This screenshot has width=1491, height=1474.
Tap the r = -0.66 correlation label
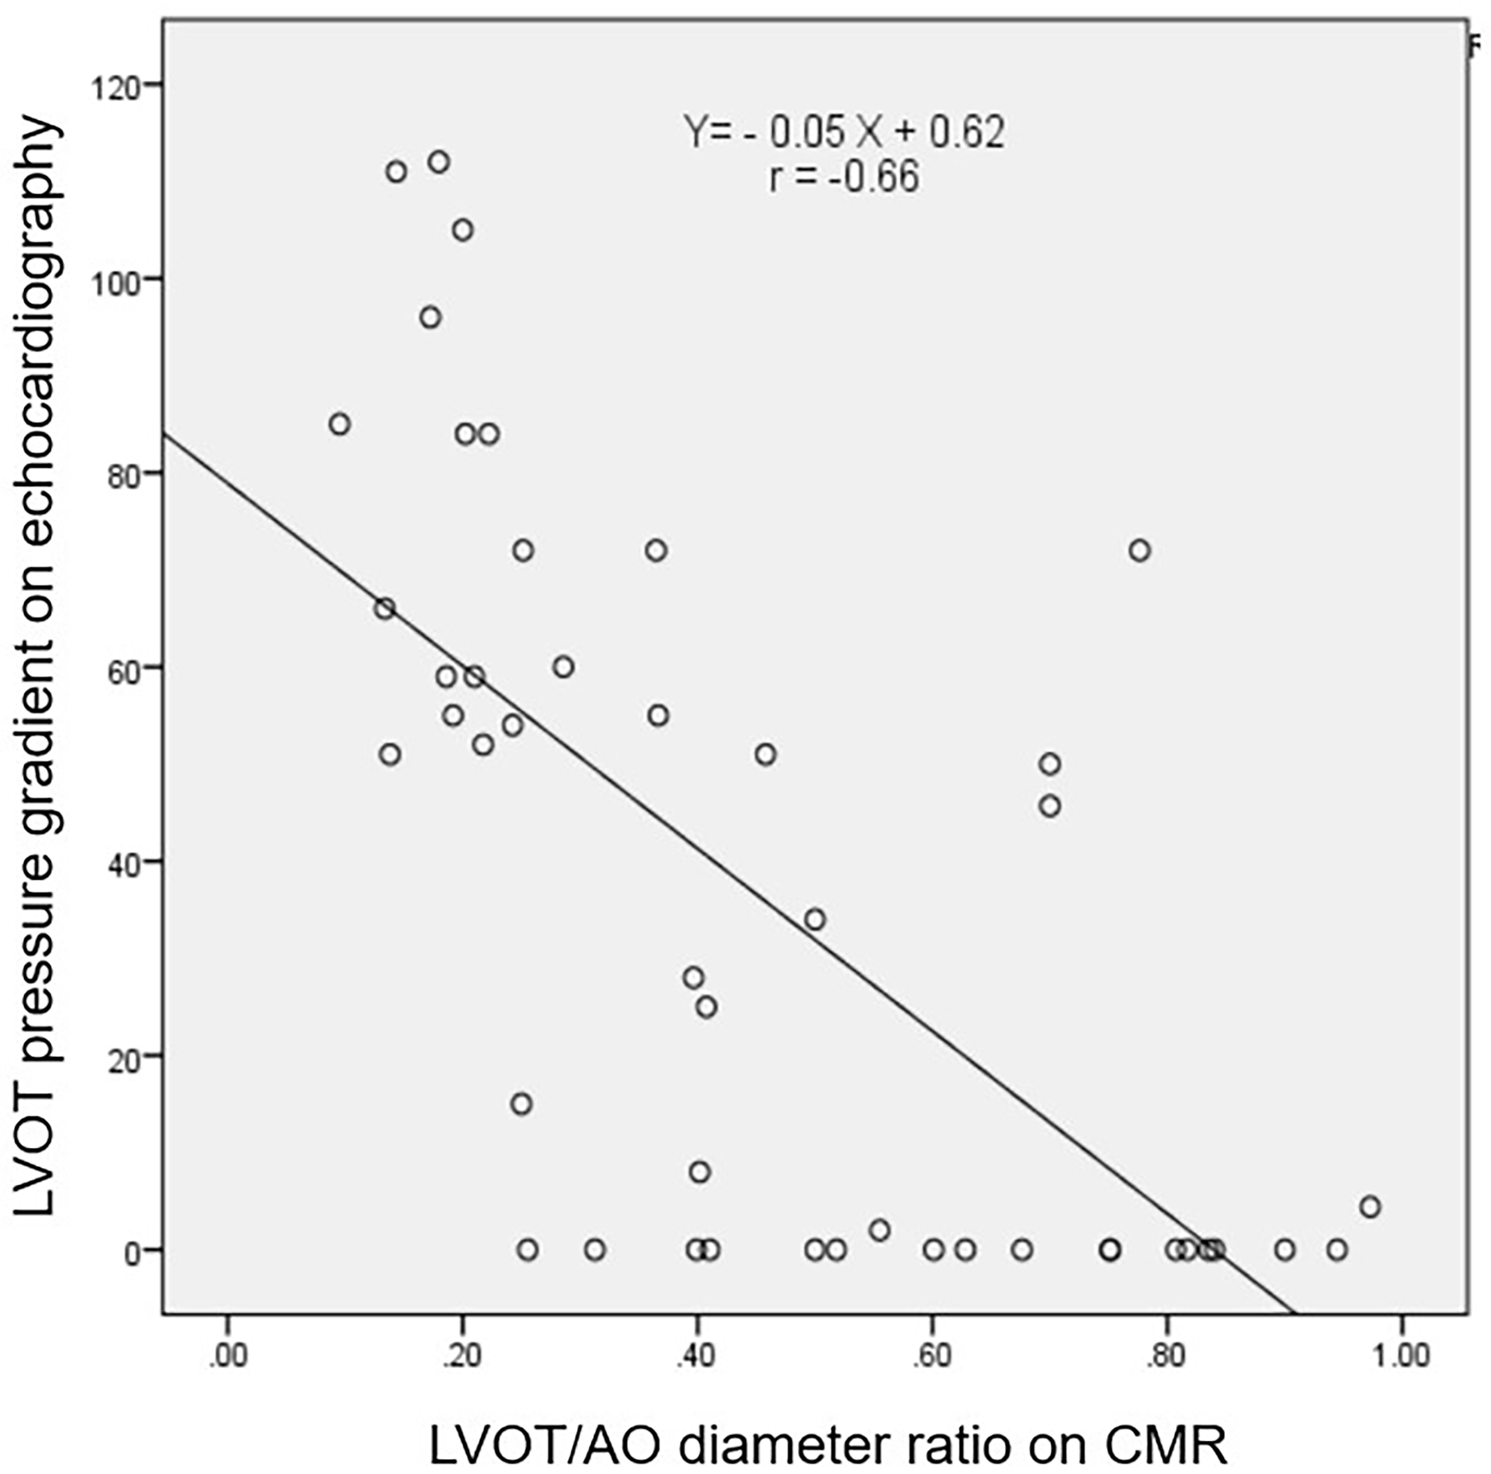coord(844,177)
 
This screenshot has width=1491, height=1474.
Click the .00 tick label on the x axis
coord(228,1356)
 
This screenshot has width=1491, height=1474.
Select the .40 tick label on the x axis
coord(698,1356)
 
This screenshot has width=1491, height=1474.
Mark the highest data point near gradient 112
coord(439,162)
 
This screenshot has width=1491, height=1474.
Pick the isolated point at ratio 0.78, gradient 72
coord(1140,550)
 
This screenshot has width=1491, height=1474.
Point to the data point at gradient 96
coord(430,318)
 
